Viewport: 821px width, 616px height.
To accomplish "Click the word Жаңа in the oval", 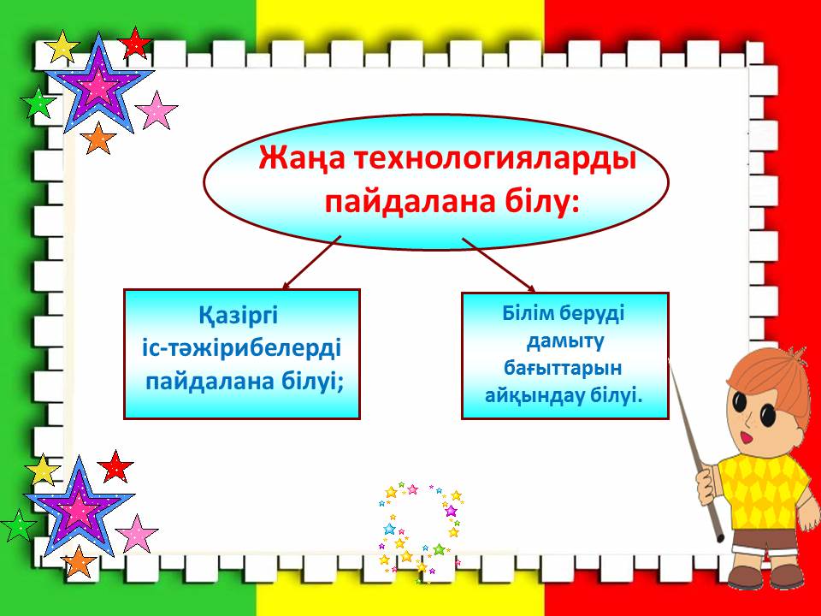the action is point(301,158).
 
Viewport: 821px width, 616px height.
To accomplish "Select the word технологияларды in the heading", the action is point(495,159).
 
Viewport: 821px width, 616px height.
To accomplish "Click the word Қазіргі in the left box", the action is point(238,316).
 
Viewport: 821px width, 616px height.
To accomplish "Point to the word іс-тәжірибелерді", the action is point(241,348).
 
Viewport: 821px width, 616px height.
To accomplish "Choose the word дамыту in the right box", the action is point(565,341).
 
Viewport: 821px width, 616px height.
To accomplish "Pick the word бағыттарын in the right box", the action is point(563,368).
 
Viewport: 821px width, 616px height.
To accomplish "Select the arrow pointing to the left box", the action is point(311,262).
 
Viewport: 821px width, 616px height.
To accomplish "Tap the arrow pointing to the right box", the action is point(499,264).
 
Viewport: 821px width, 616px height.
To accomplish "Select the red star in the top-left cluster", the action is point(135,43).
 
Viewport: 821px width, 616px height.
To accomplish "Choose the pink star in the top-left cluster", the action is point(156,110).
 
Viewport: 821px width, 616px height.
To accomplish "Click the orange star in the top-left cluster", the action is point(97,139).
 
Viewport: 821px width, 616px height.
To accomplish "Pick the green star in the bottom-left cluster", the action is point(18,524).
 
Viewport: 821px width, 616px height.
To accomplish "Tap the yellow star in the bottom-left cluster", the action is point(43,470).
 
